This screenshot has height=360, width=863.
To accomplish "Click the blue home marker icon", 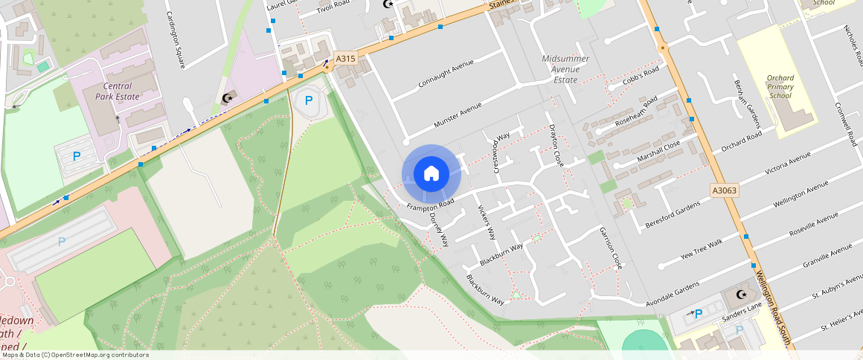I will (431, 174).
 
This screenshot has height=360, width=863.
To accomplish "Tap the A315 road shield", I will (344, 58).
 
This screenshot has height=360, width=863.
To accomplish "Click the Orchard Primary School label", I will (780, 86).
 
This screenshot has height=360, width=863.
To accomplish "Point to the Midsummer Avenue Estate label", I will (565, 69).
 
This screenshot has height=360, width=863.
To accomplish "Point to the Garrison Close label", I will (611, 248).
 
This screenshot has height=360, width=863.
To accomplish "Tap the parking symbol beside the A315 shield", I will (309, 100).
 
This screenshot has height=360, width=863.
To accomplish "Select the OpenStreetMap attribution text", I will (74, 355).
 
